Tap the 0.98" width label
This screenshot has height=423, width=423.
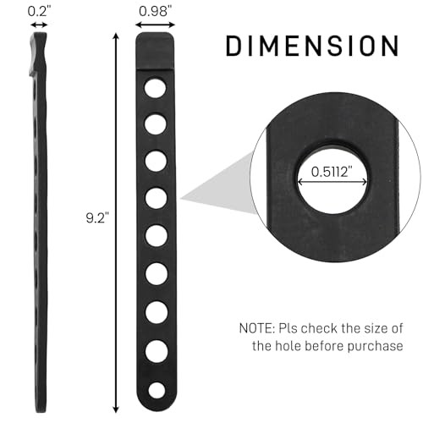(x=154, y=12)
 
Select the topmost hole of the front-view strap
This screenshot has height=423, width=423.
(x=155, y=87)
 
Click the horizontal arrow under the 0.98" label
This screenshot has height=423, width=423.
(x=154, y=27)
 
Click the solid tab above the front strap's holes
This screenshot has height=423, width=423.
(x=155, y=55)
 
